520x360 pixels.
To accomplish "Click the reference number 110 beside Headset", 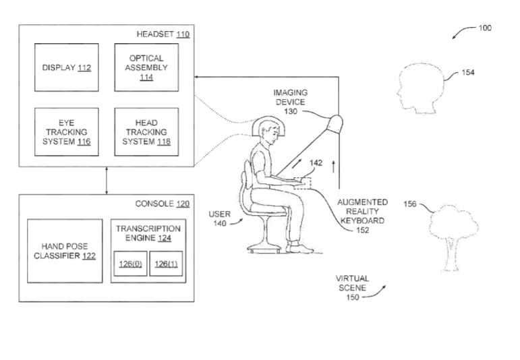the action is coord(183,34).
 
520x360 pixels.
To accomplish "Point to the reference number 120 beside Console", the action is coord(183,204).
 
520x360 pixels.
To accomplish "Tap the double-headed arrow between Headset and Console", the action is coord(107,181).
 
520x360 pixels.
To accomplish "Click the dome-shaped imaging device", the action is coord(335,124).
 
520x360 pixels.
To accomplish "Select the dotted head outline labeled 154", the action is coord(420,88).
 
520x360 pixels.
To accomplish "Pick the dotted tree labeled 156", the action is coord(453,238).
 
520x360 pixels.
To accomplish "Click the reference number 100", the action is coord(485,28).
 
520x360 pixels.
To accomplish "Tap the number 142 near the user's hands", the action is coord(316,162).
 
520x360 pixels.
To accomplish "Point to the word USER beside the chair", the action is coord(220,214).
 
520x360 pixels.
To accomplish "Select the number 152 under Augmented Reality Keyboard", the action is coord(362,230).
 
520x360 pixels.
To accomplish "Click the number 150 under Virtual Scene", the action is coord(353,297).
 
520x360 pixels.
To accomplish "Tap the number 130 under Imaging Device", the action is coord(291,111).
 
